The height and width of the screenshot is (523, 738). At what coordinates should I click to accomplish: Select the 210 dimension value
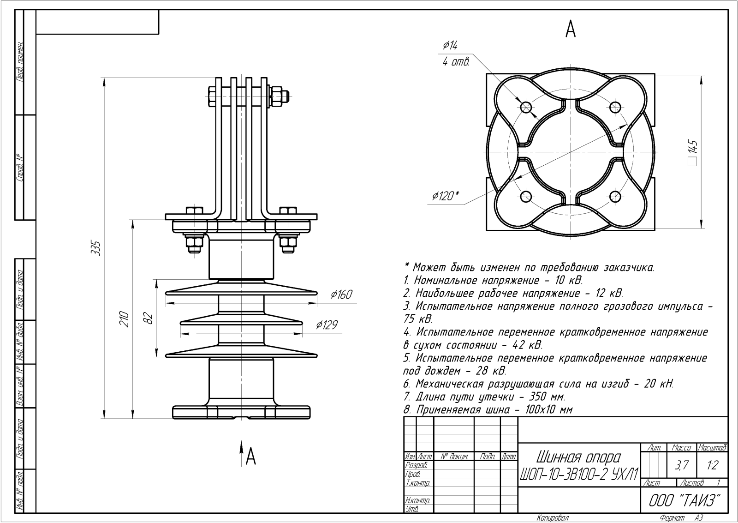point(124,319)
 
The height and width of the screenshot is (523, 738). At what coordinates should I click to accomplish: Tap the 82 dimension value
point(148,318)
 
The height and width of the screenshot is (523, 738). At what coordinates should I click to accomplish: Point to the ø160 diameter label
point(341,295)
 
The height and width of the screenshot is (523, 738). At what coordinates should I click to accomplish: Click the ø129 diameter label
point(327,325)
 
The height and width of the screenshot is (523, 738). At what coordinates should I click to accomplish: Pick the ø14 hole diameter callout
point(450,45)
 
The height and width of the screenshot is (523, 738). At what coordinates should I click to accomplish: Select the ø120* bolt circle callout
point(445,196)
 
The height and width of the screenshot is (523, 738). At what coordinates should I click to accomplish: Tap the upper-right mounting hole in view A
point(614,108)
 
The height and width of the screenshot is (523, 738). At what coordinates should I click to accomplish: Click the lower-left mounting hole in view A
point(526,196)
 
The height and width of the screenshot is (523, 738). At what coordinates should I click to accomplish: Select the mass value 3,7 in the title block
point(681,466)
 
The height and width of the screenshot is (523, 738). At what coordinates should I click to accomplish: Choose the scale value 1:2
point(712,466)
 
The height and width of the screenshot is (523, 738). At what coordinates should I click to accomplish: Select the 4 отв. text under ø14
point(456,62)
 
